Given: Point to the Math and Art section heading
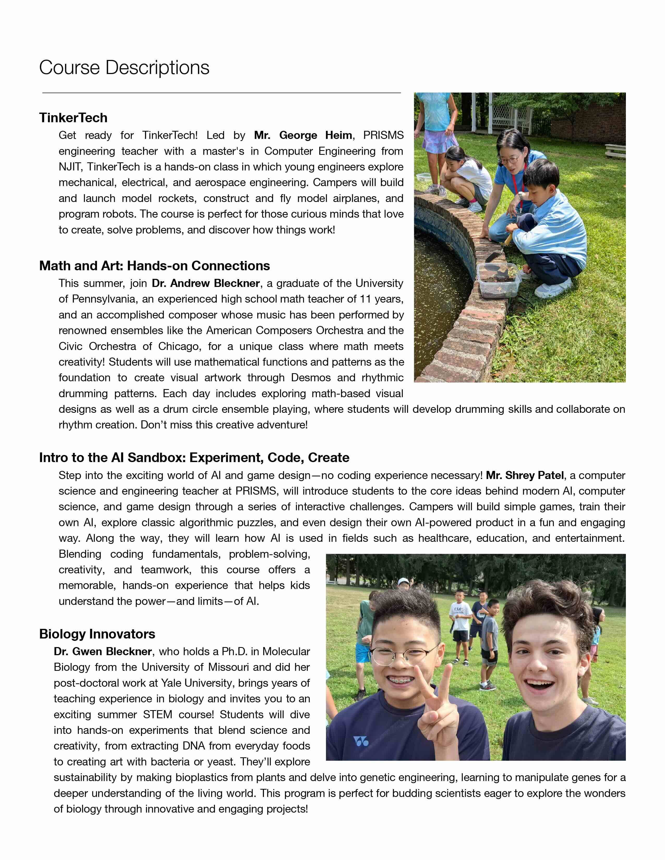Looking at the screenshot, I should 154,266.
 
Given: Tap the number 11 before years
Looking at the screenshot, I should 365,299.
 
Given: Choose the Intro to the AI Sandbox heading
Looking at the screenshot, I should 194,458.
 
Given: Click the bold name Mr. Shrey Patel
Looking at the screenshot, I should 525,475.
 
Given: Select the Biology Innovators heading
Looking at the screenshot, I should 97,634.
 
